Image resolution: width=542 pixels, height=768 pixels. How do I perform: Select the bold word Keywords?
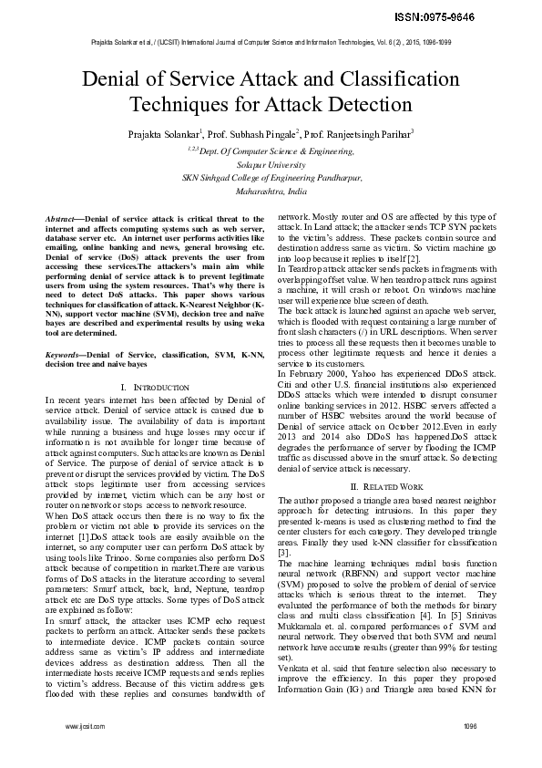[x=65, y=351]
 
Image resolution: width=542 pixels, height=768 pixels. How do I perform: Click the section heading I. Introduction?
[x=155, y=388]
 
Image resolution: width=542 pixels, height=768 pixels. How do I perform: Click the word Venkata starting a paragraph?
[x=293, y=666]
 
